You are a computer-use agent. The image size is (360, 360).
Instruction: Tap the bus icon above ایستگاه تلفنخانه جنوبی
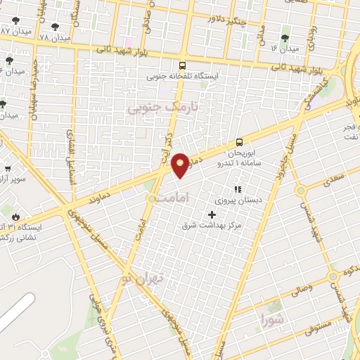click(x=184, y=65)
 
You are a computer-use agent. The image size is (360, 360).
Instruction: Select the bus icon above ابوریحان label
click(x=240, y=141)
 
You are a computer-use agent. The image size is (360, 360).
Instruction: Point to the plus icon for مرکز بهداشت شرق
click(x=212, y=214)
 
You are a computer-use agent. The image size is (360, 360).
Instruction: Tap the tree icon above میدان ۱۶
click(x=285, y=39)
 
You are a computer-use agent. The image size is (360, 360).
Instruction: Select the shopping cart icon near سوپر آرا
click(x=7, y=169)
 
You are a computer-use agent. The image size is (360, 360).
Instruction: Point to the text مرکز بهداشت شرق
click(x=212, y=225)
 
